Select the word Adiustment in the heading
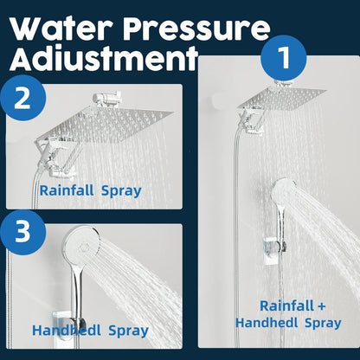(96, 61)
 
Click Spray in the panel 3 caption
(126, 330)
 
